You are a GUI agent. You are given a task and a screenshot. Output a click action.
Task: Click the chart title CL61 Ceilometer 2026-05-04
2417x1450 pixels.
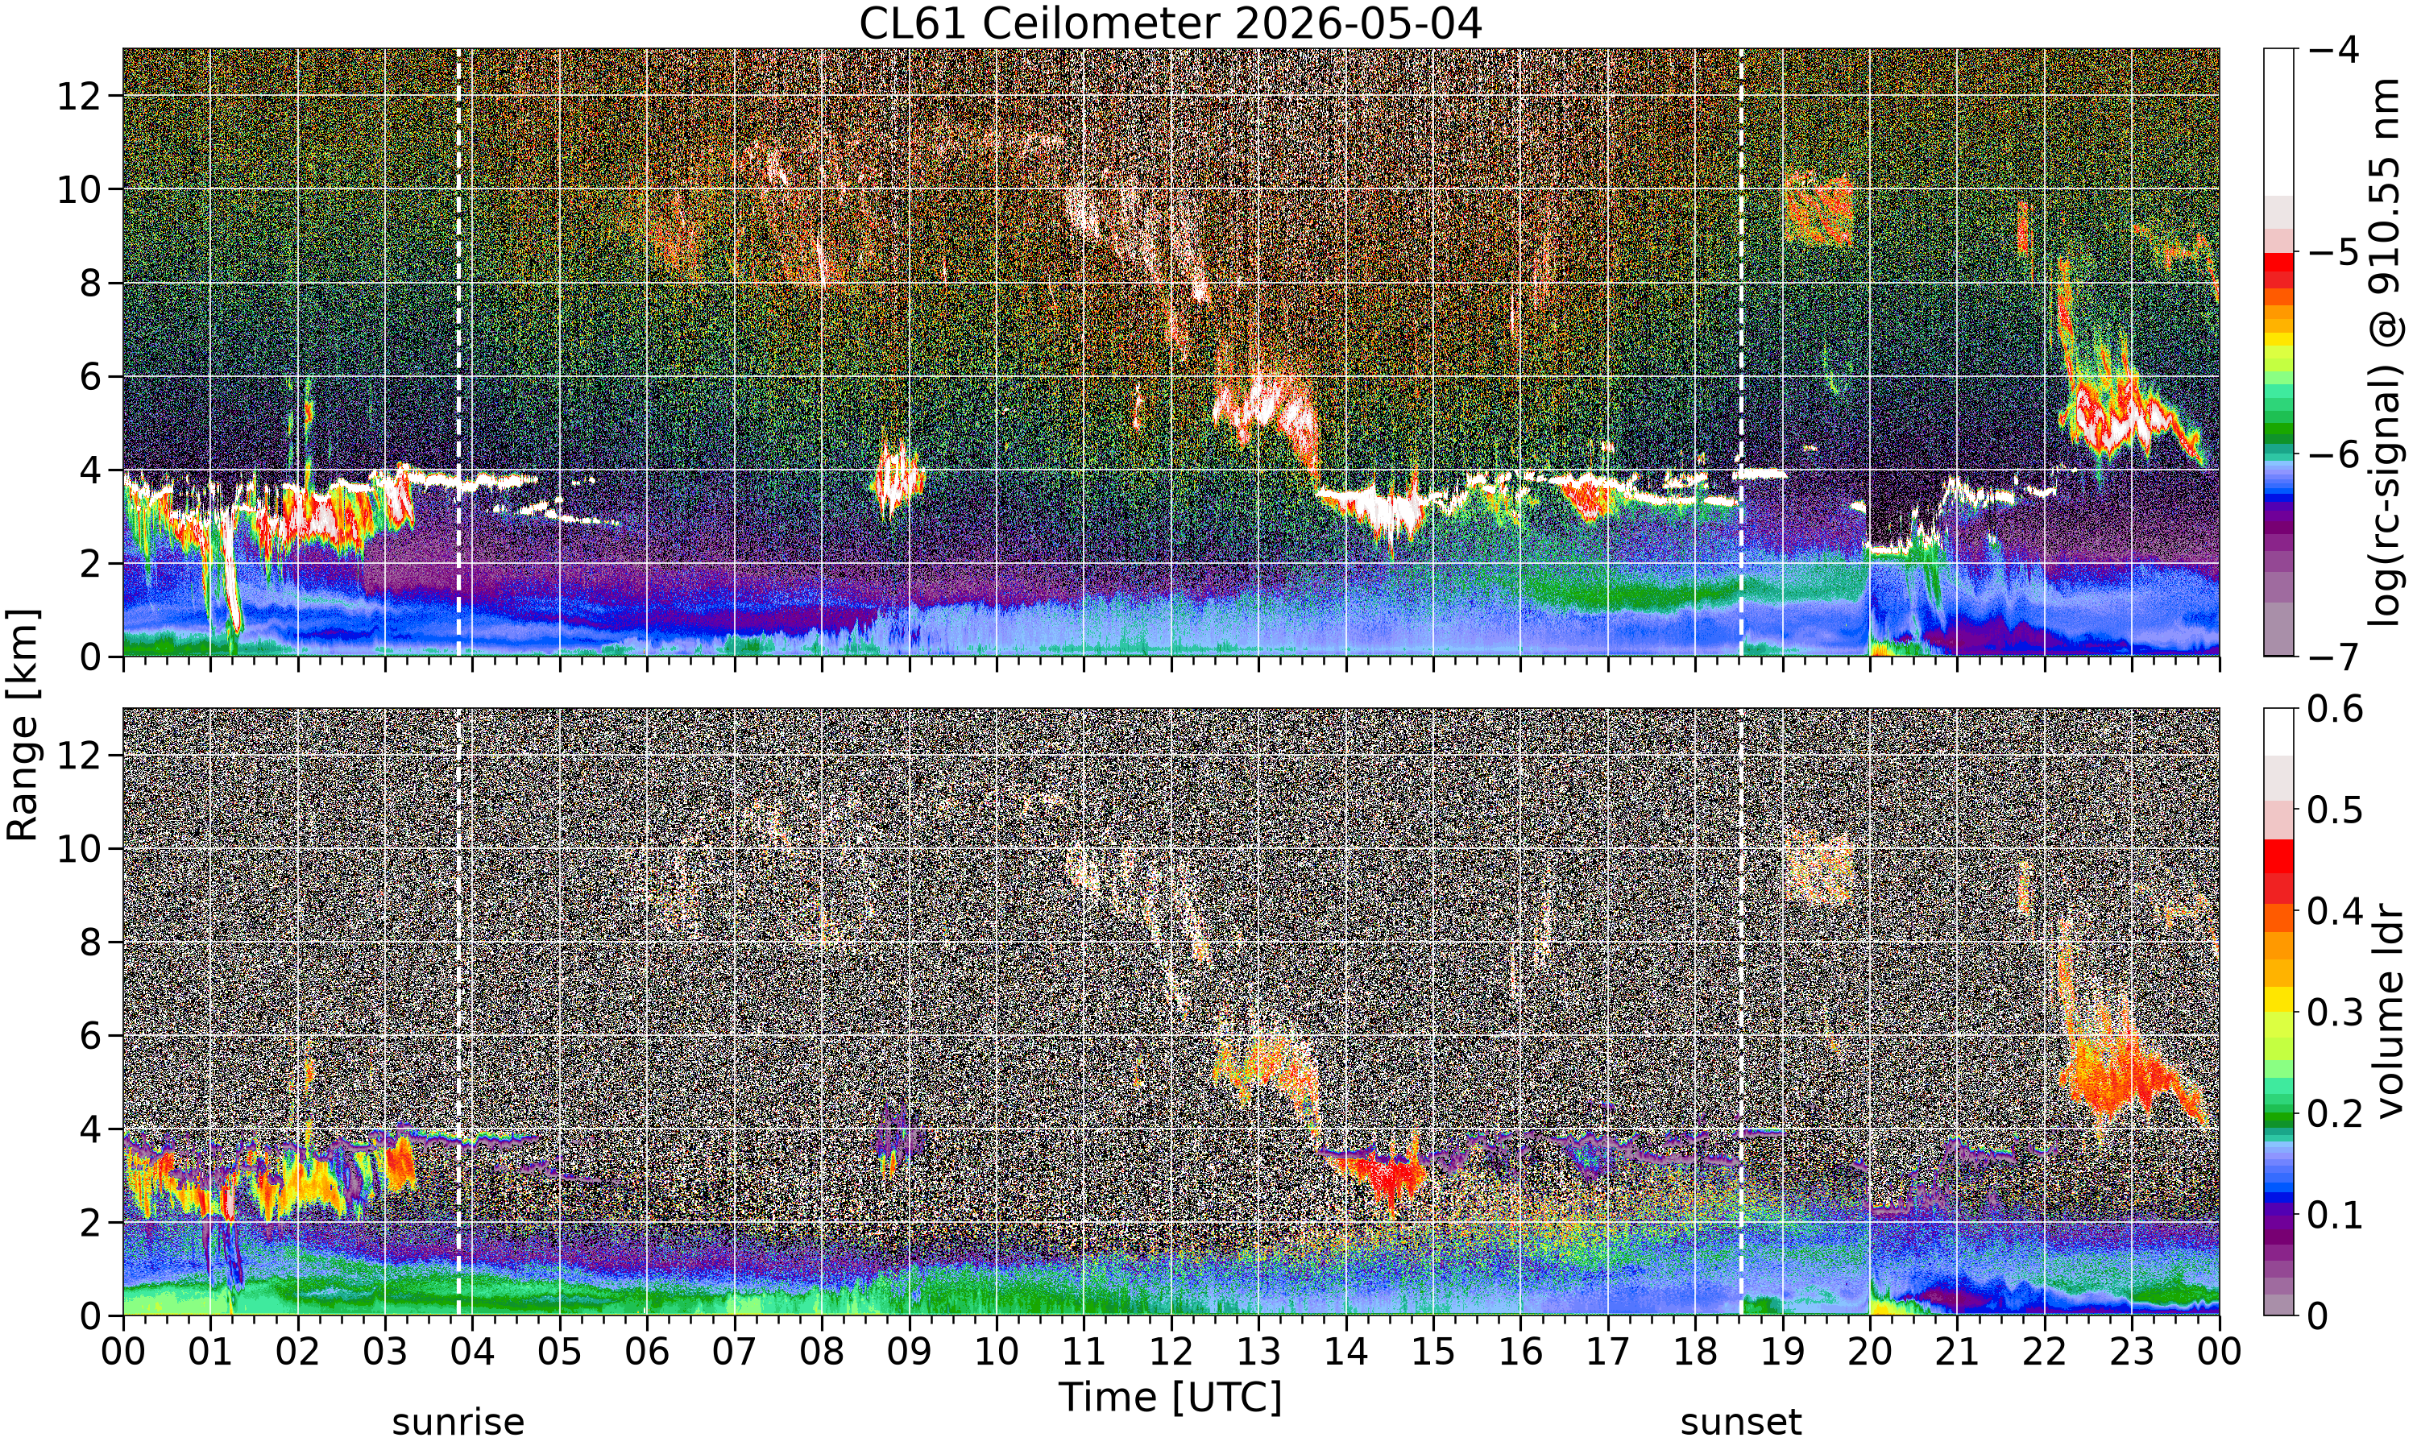(x=1171, y=23)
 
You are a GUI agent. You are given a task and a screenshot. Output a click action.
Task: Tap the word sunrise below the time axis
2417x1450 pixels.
(x=458, y=1423)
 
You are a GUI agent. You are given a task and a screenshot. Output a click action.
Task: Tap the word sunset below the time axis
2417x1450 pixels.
(x=1741, y=1423)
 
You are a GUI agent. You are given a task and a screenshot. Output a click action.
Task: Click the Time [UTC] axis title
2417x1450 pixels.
(x=1171, y=1398)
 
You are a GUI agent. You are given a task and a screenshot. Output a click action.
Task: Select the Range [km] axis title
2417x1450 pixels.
(x=23, y=724)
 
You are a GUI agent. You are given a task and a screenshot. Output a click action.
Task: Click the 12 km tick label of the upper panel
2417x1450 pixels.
(x=79, y=96)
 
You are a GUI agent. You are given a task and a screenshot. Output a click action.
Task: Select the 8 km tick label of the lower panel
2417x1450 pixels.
(x=91, y=942)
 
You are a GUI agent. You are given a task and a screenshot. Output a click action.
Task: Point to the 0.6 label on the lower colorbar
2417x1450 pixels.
(x=2335, y=710)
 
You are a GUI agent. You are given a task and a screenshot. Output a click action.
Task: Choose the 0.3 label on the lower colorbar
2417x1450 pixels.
(x=2335, y=1013)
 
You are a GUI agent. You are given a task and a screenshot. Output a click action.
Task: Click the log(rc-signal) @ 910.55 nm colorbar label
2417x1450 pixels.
(x=2386, y=352)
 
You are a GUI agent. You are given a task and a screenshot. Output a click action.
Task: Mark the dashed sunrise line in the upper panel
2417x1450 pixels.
(x=458, y=352)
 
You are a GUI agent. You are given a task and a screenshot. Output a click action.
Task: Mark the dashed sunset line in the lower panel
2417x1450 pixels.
(x=1741, y=1013)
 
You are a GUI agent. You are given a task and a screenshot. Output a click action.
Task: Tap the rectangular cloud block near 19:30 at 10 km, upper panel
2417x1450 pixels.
(x=1818, y=207)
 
